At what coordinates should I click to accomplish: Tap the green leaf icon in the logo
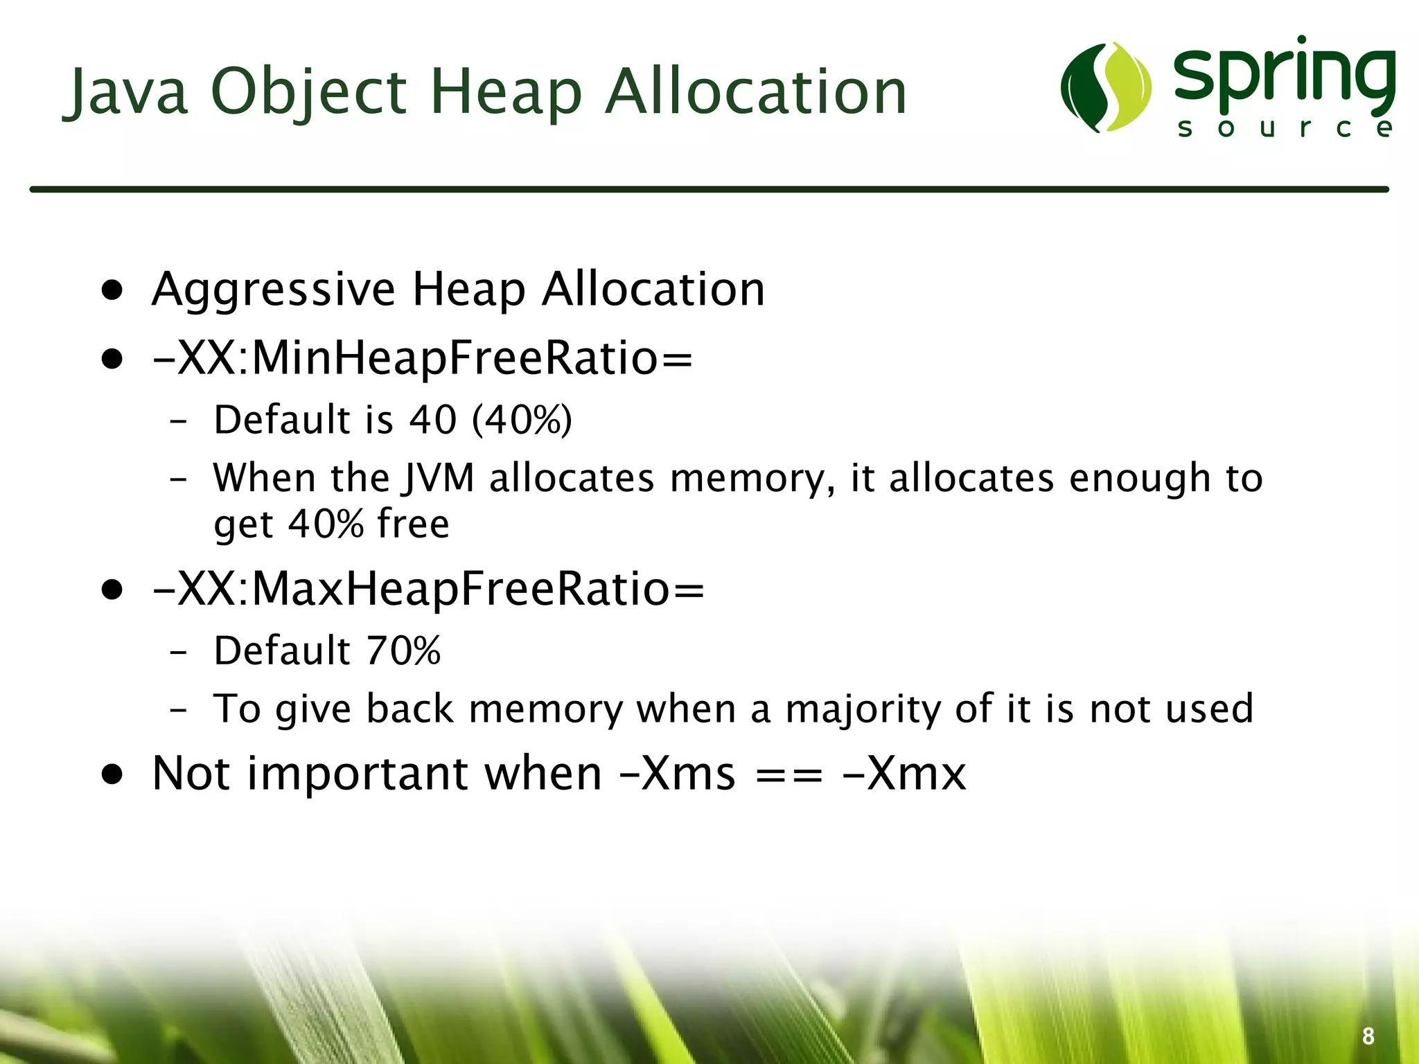click(1106, 87)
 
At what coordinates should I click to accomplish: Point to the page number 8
click(1368, 1036)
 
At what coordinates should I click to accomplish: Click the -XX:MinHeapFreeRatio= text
click(423, 359)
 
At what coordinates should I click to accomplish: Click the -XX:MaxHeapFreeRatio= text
click(428, 589)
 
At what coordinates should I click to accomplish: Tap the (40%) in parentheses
click(522, 420)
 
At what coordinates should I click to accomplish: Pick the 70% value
click(403, 650)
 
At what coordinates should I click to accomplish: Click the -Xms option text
click(676, 773)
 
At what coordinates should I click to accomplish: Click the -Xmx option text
click(904, 773)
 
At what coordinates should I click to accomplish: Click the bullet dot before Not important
click(112, 774)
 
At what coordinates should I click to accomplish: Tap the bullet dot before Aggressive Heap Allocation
click(112, 290)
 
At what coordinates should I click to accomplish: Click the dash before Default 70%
click(178, 652)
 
